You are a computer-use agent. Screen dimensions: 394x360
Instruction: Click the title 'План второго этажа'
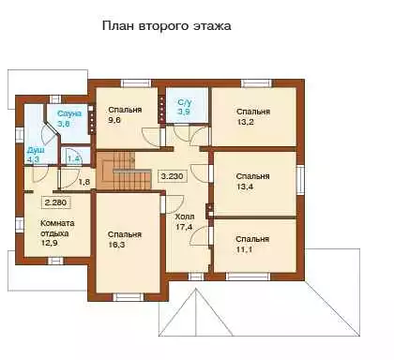point(167,26)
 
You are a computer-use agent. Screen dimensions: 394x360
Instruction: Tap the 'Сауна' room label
point(69,113)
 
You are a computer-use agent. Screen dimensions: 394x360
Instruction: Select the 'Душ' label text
point(36,150)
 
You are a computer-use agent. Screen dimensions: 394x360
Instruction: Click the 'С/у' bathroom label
point(184,102)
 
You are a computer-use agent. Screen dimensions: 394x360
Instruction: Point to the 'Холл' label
point(185,217)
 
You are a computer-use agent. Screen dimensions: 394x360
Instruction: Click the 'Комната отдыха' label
point(57,229)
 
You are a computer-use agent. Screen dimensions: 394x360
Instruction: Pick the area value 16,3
point(116,245)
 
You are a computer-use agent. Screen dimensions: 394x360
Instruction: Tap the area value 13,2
point(245,122)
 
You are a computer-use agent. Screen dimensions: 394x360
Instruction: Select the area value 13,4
point(245,187)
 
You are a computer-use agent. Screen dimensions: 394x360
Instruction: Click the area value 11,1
point(244,250)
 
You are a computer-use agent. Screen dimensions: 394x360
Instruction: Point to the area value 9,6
point(114,120)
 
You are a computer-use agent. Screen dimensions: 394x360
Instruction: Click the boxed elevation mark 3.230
point(173,176)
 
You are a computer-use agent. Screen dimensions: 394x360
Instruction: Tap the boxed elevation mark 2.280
point(56,202)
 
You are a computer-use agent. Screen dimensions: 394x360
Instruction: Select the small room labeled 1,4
point(75,156)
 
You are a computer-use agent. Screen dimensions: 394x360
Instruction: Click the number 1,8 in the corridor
point(84,182)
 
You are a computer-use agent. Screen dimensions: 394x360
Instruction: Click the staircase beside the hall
point(124,171)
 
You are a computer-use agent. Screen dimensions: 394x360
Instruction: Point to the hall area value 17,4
point(184,227)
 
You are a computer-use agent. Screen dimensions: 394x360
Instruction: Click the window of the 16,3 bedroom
point(128,297)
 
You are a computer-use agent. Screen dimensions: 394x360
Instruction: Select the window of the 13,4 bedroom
point(300,179)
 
